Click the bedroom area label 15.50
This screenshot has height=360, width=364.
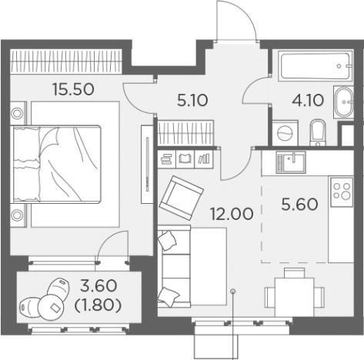pos(73,89)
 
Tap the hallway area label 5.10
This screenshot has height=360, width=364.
pos(192,100)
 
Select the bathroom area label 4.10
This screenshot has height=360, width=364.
pos(308,100)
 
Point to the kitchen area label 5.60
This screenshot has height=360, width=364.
pos(299,205)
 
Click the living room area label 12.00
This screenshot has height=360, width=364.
pos(232,214)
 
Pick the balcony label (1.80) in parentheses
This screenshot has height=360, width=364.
pos(98,305)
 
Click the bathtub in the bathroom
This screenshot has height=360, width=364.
pos(316,66)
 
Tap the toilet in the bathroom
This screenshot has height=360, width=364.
pos(318,132)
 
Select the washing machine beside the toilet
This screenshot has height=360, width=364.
pos(286,133)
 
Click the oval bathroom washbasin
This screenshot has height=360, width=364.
pos(344,102)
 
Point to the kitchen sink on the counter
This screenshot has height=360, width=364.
pos(291,162)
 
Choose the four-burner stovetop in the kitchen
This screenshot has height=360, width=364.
pos(342,192)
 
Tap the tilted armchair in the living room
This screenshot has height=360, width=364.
pos(182,198)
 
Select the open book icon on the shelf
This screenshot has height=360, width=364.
pos(185,159)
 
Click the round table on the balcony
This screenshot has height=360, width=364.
pos(51,307)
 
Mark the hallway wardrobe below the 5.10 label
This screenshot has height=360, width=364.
pos(185,133)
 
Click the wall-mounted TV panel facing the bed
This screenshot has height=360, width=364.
pos(147,165)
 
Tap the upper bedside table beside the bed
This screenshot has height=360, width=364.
pos(18,113)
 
